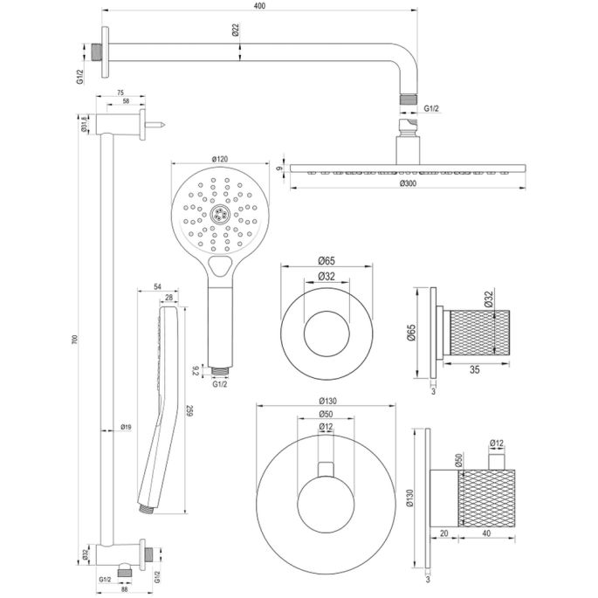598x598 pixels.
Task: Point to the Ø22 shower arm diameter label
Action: pyautogui.click(x=236, y=29)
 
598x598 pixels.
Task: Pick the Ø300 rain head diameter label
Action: pyautogui.click(x=408, y=183)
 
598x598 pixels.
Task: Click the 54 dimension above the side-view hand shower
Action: pyautogui.click(x=157, y=286)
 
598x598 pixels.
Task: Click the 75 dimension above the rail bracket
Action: pyautogui.click(x=119, y=91)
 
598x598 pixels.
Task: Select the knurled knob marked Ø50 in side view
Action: pyautogui.click(x=485, y=496)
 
